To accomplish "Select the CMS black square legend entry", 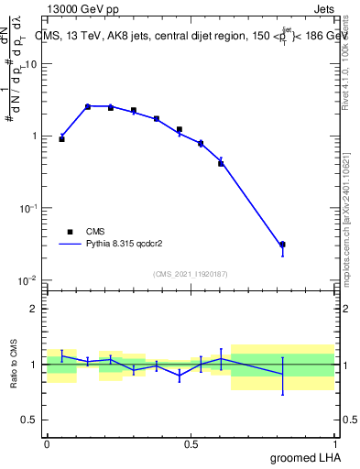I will coord(70,232).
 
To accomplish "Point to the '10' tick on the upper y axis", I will coord(30,64).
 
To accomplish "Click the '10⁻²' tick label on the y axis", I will coord(28,280).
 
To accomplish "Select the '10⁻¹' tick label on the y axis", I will coord(28,208).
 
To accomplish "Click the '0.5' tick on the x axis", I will coord(191,445).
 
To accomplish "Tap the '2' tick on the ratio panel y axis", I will coord(33,309).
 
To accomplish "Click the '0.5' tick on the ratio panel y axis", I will coord(29,420).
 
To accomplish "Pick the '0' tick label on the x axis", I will coord(47,445).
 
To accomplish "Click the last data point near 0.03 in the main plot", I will coord(282,245).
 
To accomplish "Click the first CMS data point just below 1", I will coord(61,139).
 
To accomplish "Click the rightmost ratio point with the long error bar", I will coord(282,374).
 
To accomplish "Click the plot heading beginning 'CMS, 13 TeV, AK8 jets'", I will coord(183,37).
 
